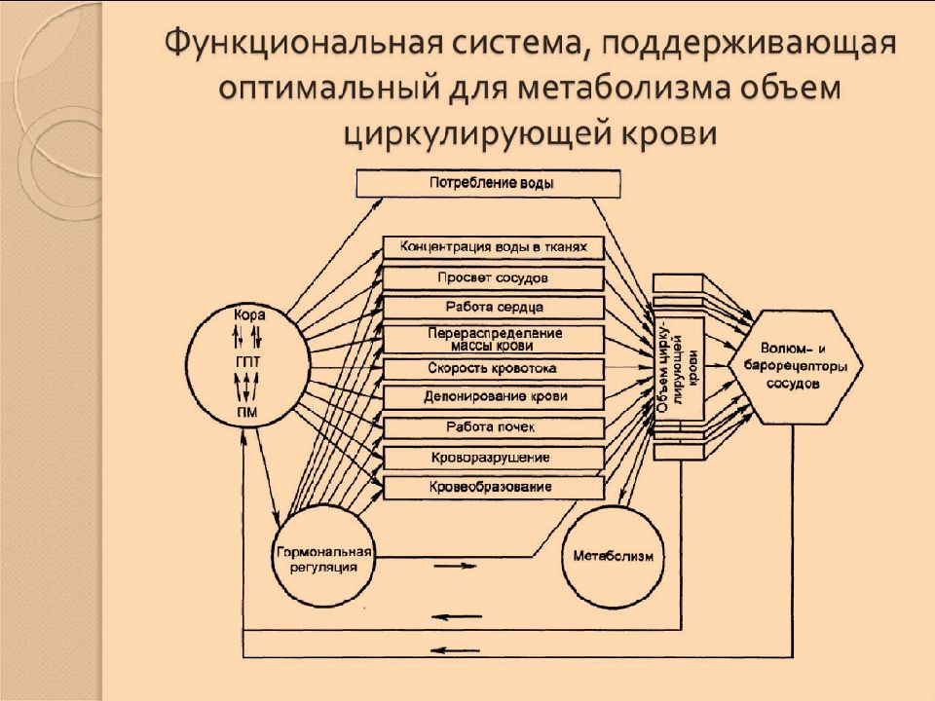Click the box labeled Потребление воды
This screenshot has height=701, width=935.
488,183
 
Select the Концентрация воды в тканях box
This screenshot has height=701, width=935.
493,247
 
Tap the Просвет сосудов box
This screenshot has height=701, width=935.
493,277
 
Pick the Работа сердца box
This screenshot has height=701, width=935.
493,307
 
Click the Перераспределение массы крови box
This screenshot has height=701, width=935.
493,339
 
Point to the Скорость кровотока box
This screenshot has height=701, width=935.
493,369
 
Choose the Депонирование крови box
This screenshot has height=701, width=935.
493,397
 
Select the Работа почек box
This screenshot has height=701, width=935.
493,427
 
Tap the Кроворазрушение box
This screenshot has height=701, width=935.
493,458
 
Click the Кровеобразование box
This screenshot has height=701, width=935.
493,487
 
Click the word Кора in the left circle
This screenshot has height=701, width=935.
248,314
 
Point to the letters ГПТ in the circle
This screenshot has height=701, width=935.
248,362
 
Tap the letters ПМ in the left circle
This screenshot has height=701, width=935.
248,411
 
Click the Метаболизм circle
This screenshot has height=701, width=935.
613,557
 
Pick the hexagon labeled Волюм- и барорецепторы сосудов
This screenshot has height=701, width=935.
795,367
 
